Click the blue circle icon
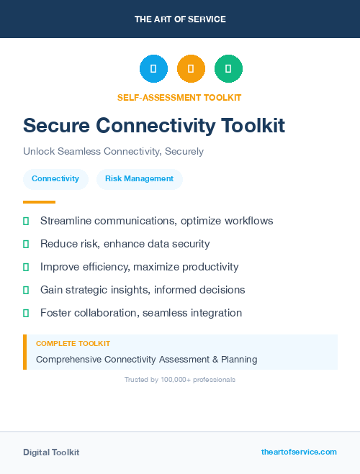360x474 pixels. point(153,69)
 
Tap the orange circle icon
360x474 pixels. point(191,69)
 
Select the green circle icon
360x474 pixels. point(228,69)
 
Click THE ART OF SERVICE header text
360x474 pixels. point(180,19)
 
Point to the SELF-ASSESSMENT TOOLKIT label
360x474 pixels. point(179,97)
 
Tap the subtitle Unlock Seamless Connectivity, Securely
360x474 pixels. point(113,152)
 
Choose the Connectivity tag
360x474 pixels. point(55,178)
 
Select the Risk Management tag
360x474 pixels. point(139,178)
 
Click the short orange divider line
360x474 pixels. point(39,202)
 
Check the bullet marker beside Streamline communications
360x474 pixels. point(26,221)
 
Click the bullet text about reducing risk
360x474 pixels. point(125,244)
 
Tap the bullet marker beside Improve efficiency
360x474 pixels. point(26,267)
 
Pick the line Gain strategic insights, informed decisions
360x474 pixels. point(143,290)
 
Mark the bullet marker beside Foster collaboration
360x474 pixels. point(26,313)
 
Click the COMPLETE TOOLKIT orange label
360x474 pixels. point(73,344)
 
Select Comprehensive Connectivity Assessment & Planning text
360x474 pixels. point(146,359)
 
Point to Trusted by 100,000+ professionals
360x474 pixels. point(180,379)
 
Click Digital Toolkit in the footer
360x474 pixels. point(51,452)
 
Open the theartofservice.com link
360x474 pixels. point(299,452)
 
